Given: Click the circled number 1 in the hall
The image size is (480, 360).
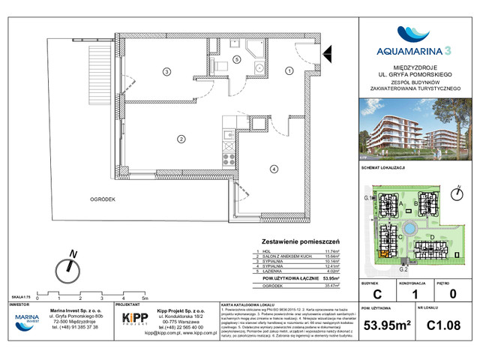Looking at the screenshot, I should (x=289, y=70).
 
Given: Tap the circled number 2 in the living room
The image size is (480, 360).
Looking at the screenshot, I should (x=181, y=138).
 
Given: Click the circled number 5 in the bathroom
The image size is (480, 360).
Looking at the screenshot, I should (x=236, y=58).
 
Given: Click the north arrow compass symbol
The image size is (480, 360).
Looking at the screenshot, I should (x=71, y=265).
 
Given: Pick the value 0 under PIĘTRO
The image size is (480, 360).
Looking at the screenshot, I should (x=451, y=295).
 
